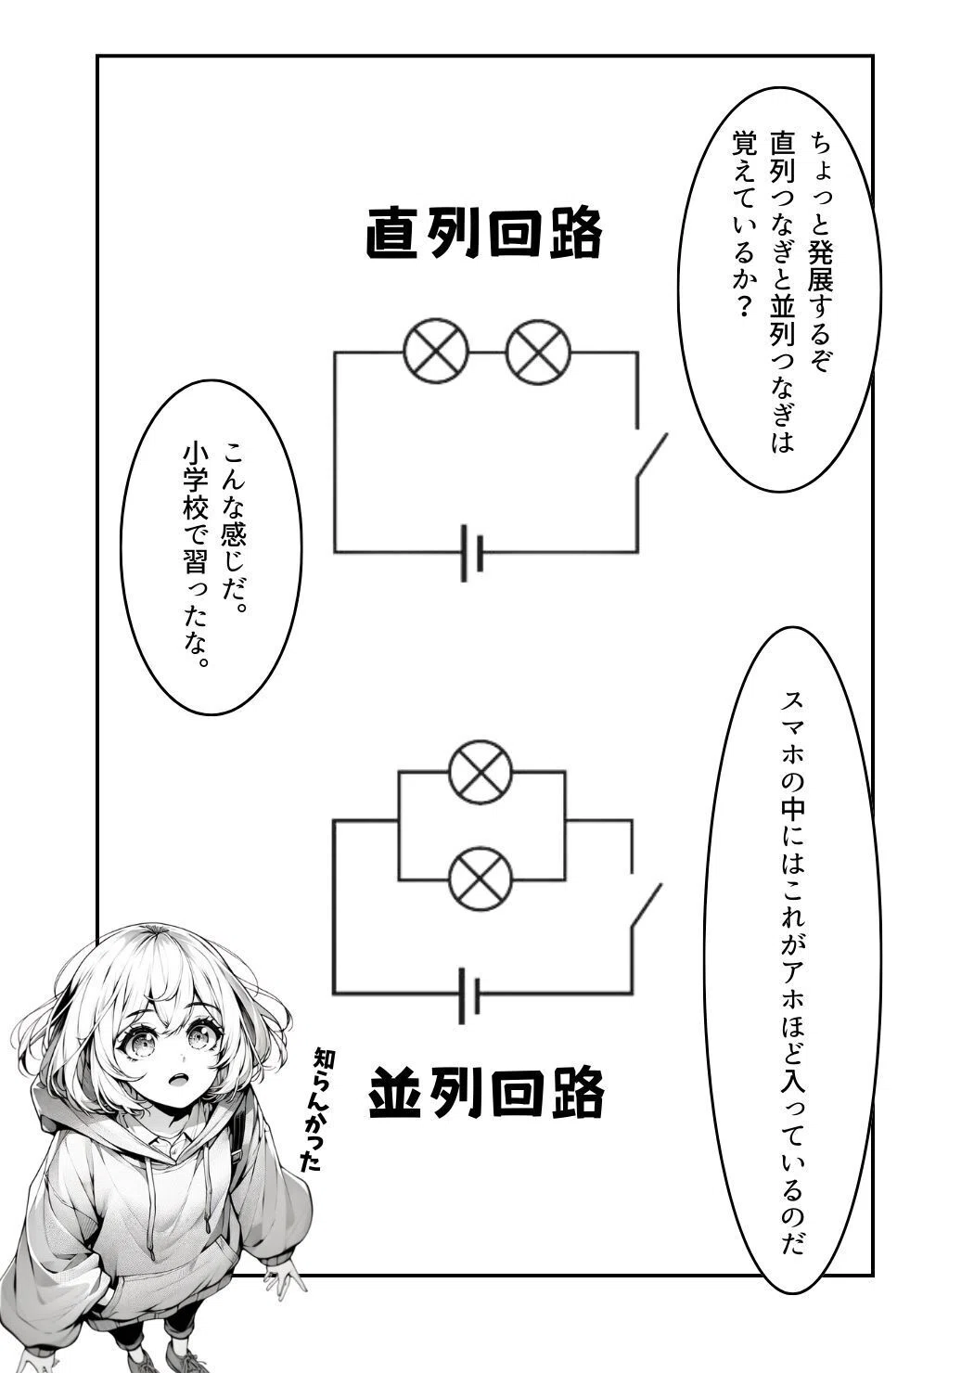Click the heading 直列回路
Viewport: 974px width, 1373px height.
coord(483,234)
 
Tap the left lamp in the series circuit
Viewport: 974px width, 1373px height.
coord(436,352)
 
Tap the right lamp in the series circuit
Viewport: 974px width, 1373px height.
coord(538,352)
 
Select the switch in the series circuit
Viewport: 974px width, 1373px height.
coord(651,455)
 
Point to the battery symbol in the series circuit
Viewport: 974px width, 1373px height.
coord(472,552)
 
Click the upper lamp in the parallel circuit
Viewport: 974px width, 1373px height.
coord(481,772)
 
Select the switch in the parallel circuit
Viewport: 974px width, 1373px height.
coord(646,908)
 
